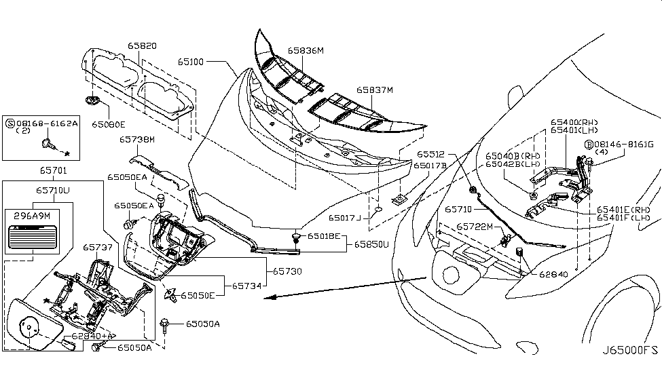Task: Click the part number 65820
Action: (143, 46)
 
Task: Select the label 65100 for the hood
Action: (191, 61)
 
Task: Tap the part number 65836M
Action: (306, 50)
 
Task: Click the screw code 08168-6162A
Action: (42, 124)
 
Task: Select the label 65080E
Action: (109, 124)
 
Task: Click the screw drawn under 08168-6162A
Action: (51, 144)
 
